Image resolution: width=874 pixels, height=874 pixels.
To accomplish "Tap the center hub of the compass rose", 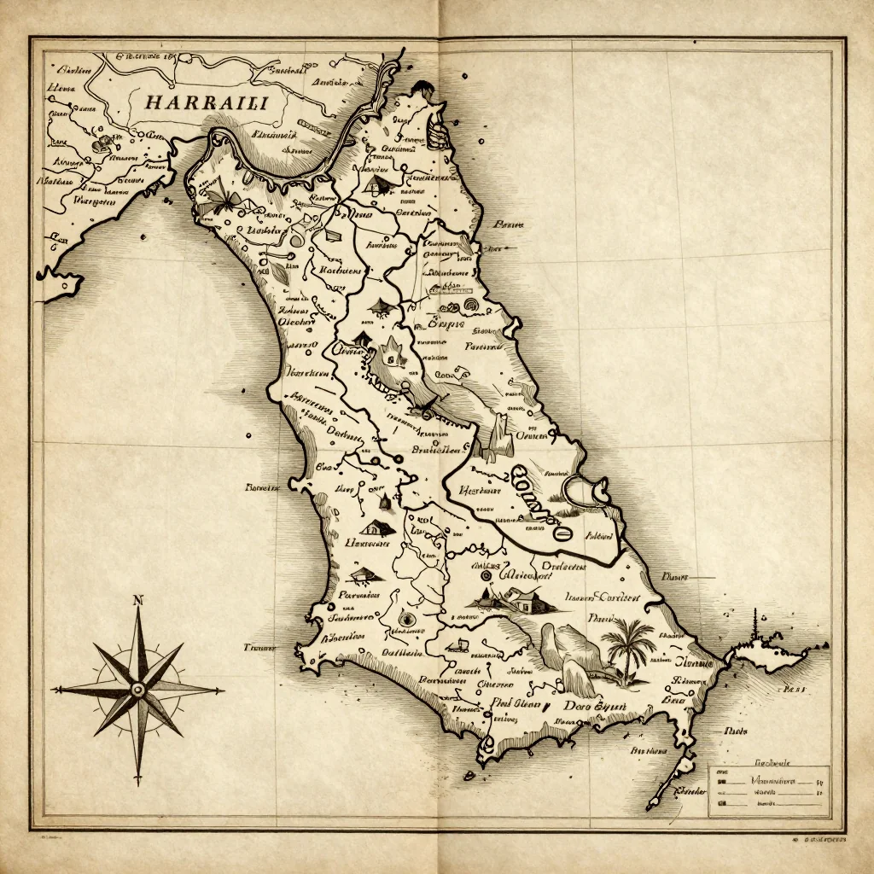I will pyautogui.click(x=137, y=689).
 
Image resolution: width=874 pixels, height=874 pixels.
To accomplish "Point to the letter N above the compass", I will pyautogui.click(x=137, y=601).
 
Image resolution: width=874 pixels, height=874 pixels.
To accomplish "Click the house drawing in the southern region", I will pyautogui.click(x=522, y=601).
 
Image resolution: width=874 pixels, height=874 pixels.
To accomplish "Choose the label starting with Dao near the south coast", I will pyautogui.click(x=595, y=707).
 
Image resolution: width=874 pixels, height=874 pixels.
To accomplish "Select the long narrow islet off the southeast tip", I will pyautogui.click(x=670, y=781).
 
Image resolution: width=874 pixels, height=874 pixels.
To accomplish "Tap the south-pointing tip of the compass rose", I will pyautogui.click(x=137, y=781).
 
